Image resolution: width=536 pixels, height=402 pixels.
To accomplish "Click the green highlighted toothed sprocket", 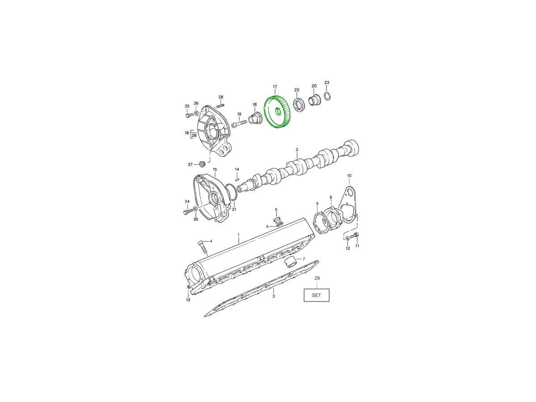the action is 276,112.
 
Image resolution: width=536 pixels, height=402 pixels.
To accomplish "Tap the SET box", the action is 316,295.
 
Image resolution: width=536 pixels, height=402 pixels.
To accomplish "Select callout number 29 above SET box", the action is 317,278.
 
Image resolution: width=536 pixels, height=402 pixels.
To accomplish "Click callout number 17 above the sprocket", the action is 275,87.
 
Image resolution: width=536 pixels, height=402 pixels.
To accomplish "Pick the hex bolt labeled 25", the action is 188,115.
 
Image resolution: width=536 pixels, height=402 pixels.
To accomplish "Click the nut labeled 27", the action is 202,164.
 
